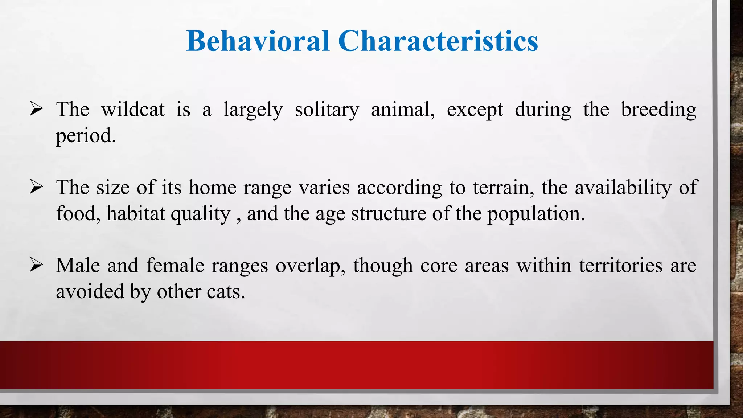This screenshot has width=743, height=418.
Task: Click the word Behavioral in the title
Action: pos(258,41)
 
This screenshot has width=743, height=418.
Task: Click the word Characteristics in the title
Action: pos(438,41)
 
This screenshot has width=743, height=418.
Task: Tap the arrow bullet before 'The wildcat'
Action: pos(37,109)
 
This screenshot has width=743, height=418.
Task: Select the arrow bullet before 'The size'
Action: pos(37,187)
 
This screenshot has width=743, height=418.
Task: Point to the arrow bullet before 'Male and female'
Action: pos(37,265)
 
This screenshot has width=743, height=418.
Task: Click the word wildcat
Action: pos(133,109)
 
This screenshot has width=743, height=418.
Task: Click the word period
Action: pos(86,136)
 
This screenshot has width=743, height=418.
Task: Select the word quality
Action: pos(200,214)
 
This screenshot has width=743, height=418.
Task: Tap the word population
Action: pos(535,214)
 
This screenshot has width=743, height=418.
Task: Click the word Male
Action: pos(78,265)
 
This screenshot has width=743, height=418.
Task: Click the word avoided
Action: pos(90,291)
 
